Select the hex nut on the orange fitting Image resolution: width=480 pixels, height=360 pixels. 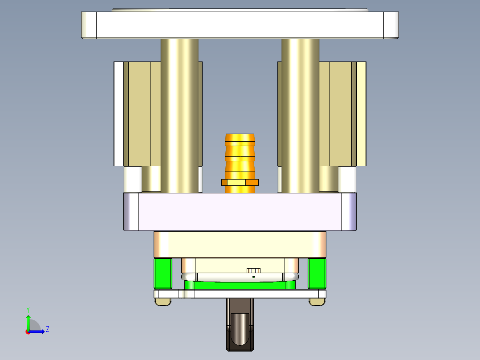[x=240, y=182]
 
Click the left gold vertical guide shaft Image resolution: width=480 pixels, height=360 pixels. [x=179, y=116]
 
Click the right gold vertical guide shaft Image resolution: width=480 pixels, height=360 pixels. [x=300, y=116]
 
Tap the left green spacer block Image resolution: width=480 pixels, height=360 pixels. [x=163, y=273]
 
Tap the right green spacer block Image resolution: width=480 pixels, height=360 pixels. [x=317, y=273]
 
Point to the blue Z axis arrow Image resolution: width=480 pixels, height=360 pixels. [x=38, y=331]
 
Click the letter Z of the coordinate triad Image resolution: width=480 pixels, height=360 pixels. [x=47, y=329]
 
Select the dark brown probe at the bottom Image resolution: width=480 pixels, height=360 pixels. [x=240, y=330]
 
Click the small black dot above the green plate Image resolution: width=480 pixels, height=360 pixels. [x=253, y=277]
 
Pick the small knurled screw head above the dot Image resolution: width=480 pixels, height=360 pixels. [x=253, y=270]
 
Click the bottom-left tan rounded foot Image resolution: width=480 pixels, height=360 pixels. [x=163, y=302]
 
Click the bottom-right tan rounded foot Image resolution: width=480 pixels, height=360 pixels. [x=317, y=302]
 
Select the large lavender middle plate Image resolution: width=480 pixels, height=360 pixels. [x=240, y=212]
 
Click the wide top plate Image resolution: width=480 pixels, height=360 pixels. [x=240, y=25]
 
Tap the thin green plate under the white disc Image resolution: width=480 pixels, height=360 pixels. [x=240, y=285]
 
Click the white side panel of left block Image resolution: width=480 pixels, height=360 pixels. [x=118, y=114]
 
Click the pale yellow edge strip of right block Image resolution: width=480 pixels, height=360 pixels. [x=361, y=114]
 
